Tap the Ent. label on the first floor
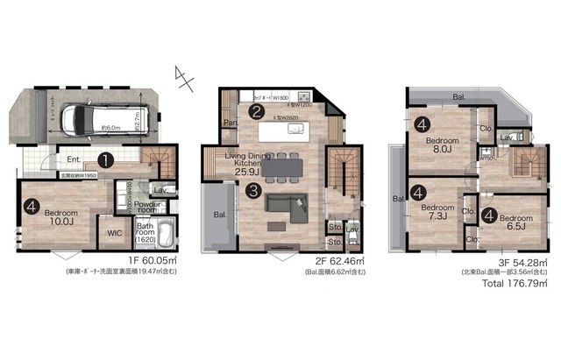75,159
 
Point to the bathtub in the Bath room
170,237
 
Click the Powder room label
145,206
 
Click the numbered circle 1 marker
105,160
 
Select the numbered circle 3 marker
252,189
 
